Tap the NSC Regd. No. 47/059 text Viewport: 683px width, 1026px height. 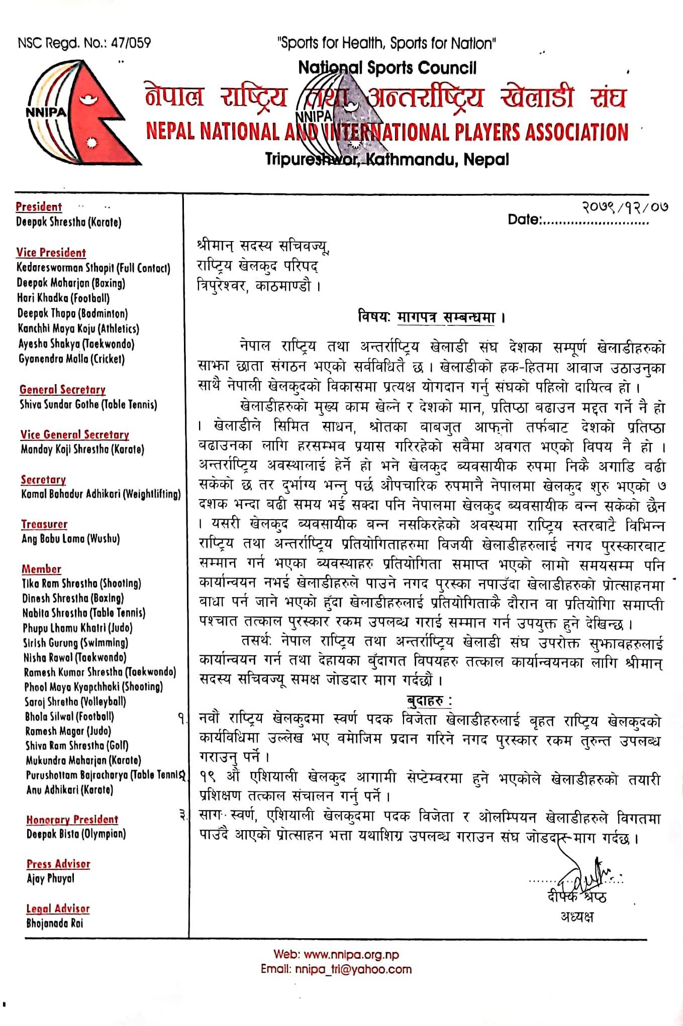click(84, 43)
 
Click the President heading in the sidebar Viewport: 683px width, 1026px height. click(39, 207)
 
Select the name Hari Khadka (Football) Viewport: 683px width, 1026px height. click(63, 298)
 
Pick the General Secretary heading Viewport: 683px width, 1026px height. click(62, 390)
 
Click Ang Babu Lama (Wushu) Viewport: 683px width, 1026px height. click(70, 539)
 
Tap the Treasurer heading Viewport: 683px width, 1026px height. click(44, 524)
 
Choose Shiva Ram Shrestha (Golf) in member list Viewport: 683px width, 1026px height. click(77, 746)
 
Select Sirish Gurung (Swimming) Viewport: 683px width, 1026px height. click(75, 643)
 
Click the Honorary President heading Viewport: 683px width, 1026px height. click(72, 820)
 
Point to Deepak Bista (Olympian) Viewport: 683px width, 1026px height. click(76, 834)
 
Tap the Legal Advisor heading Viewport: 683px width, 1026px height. click(58, 908)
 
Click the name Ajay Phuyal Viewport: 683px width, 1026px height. click(50, 878)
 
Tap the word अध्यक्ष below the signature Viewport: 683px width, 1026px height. click(577, 917)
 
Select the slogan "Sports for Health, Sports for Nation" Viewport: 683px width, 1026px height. click(386, 43)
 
